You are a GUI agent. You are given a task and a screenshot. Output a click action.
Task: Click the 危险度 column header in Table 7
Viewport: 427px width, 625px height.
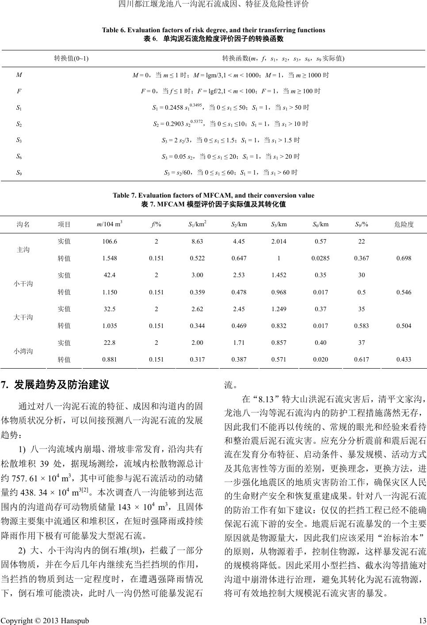[404, 224]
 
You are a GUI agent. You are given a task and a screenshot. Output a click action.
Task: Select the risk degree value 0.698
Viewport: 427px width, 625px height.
[404, 258]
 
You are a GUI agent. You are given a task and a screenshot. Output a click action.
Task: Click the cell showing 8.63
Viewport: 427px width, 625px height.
[197, 241]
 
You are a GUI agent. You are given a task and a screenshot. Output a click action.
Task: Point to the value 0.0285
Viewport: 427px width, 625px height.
[320, 258]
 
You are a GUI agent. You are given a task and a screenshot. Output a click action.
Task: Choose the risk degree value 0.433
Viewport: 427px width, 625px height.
[404, 360]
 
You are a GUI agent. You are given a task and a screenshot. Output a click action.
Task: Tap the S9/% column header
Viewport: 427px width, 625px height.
[361, 224]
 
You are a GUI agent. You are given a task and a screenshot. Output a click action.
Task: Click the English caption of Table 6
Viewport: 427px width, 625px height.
[213, 30]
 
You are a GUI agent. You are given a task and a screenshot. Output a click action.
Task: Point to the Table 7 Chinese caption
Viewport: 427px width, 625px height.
[213, 204]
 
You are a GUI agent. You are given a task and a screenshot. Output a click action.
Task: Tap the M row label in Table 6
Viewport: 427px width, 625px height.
[19, 75]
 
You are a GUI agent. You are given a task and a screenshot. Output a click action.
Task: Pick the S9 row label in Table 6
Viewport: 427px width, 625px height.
[19, 172]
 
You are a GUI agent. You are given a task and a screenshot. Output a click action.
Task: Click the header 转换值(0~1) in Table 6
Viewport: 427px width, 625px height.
[71, 58]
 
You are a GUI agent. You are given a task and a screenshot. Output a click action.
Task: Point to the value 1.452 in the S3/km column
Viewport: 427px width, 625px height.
[278, 275]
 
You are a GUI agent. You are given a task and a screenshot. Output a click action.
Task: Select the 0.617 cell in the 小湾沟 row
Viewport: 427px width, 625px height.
[361, 360]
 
